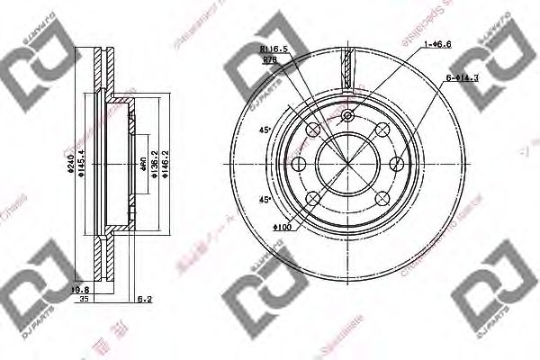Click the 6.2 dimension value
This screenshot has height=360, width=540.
pyautogui.click(x=145, y=299)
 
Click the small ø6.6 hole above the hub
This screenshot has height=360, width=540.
pyautogui.click(x=347, y=116)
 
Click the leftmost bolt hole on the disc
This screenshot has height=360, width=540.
pyautogui.click(x=300, y=162)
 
